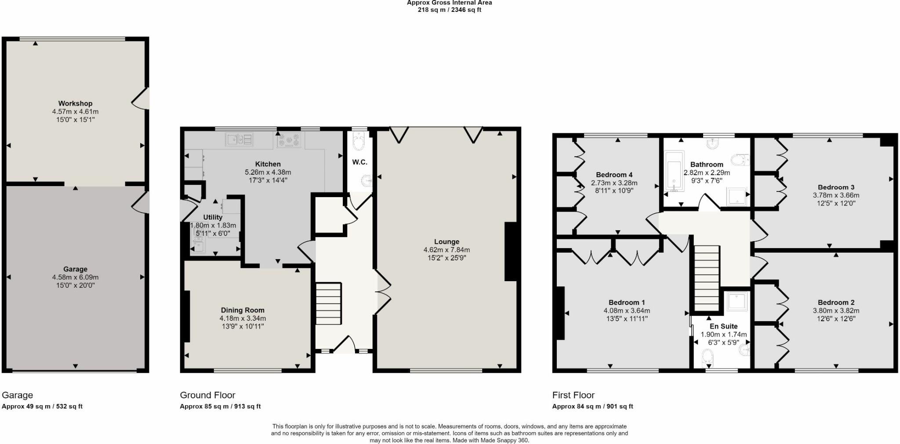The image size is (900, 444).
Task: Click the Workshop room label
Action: pos(75,104)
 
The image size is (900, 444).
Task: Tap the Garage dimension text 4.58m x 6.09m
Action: pos(75,277)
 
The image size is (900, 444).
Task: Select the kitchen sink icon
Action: pos(239,140)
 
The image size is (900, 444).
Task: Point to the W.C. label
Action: pos(359,162)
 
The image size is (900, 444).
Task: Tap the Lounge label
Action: pos(446,242)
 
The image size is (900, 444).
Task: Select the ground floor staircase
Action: pos(328,304)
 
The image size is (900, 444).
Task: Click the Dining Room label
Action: pos(243,310)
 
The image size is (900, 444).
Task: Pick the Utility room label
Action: pos(213,217)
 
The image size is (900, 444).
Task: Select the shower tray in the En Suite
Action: pos(737,301)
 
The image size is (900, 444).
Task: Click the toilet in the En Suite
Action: pos(708,357)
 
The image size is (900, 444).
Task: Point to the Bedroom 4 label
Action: pos(614,175)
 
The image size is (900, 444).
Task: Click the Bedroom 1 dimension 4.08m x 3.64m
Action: pos(627,311)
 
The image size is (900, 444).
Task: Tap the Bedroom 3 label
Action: pos(836,187)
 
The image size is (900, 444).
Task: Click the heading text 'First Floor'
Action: pos(573,395)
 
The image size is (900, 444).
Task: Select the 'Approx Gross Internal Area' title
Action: pos(449,3)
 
